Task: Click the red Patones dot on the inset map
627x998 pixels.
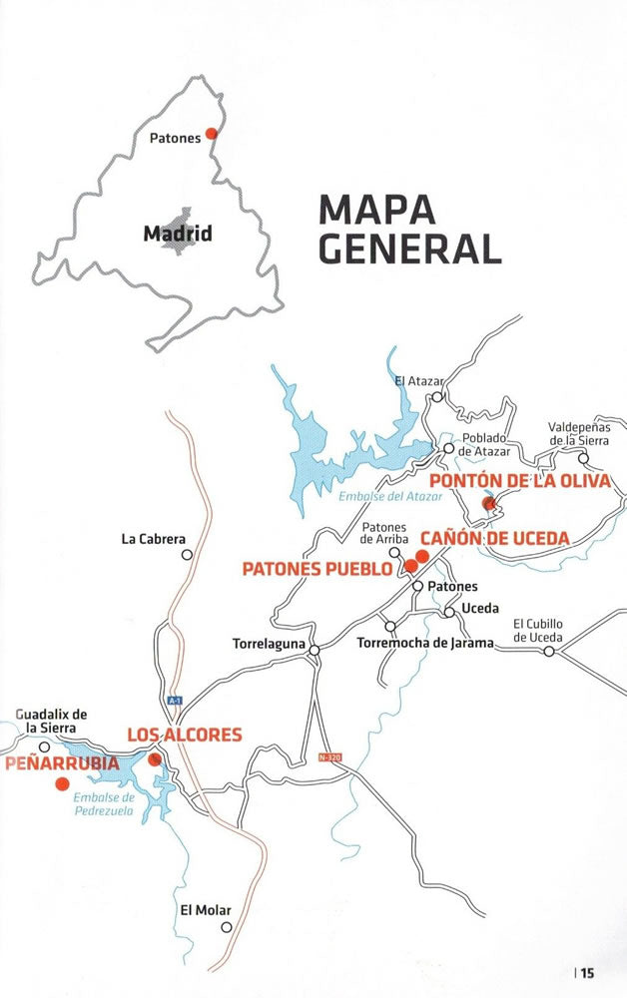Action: coord(211,133)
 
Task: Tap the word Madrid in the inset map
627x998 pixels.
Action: coord(178,235)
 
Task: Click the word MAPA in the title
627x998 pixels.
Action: coord(376,210)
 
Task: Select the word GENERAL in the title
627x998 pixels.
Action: coord(409,249)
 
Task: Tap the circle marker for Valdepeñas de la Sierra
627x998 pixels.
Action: coord(584,459)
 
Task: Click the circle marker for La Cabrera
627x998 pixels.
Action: coord(186,553)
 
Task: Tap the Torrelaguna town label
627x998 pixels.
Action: coord(266,645)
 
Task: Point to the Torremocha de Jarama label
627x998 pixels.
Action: coord(425,644)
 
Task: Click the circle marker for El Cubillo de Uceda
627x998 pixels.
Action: coord(548,651)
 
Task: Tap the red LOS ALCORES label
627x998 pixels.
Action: coord(184,736)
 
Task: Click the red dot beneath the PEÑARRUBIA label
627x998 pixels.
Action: coord(62,783)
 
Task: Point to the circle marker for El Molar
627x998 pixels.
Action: coord(227,927)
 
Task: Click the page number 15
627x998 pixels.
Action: coord(588,973)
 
